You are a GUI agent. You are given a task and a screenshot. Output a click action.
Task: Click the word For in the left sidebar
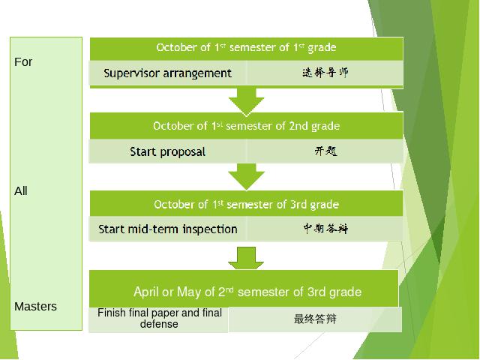(23, 61)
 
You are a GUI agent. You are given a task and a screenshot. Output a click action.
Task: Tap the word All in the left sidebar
(21, 191)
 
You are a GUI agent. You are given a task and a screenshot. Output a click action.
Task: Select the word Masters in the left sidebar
(35, 307)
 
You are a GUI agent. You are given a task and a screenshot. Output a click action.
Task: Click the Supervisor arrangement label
(167, 73)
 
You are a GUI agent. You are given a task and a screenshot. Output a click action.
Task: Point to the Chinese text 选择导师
(325, 73)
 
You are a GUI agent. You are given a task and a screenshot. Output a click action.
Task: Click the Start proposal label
(167, 151)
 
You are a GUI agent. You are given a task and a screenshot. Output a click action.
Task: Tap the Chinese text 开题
(325, 151)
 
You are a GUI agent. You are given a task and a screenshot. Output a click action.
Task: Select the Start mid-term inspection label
(168, 229)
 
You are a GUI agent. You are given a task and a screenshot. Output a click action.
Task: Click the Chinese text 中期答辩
(325, 228)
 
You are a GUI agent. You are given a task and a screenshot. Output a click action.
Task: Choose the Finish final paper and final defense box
(158, 319)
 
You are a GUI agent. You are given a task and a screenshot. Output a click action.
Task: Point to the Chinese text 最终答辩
(315, 319)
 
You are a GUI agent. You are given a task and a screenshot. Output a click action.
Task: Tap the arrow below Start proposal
(247, 177)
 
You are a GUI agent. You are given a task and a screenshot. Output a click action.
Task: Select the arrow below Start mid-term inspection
(246, 258)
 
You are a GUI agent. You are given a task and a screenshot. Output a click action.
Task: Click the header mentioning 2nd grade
(247, 126)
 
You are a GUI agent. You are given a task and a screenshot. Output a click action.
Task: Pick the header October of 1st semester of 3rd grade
(247, 204)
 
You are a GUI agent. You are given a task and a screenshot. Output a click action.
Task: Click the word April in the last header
(146, 292)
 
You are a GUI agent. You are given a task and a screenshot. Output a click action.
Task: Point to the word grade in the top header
(322, 48)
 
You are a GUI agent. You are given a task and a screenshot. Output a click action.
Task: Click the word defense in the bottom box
(159, 324)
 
